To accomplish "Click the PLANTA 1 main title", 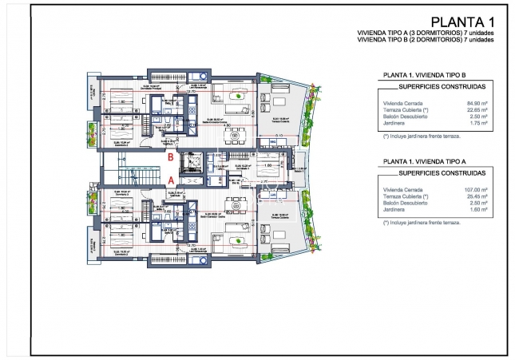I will click(x=462, y=22).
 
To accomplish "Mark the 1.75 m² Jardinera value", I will click(x=479, y=125).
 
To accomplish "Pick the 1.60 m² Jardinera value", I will click(x=479, y=211).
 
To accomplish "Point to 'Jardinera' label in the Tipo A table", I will click(x=396, y=211).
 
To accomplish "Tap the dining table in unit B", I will click(x=236, y=136).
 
